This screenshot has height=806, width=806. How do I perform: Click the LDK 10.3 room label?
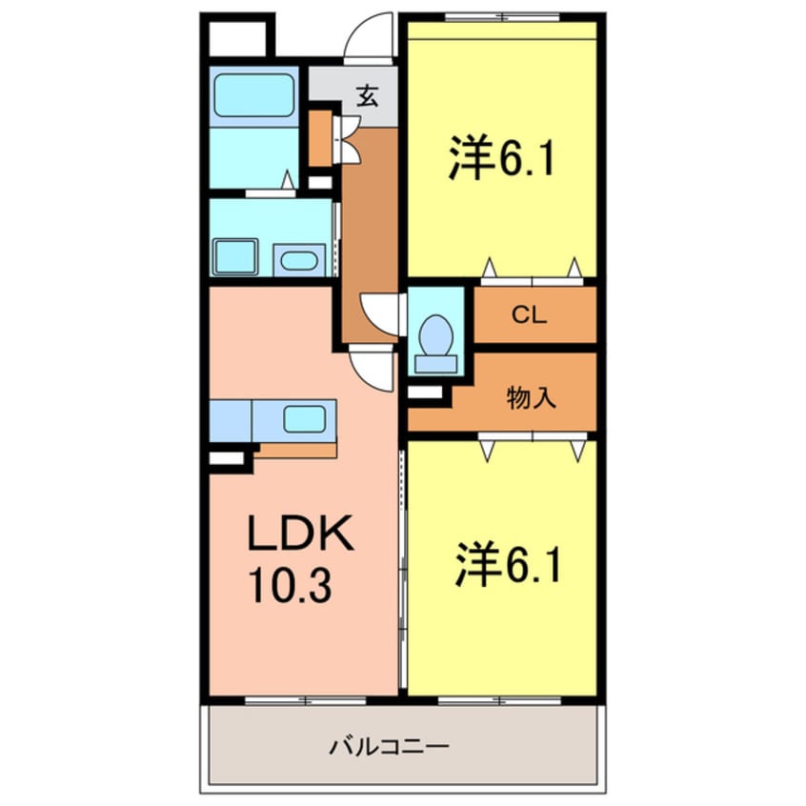pos(302,559)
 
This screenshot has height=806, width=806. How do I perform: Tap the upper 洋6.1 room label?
pos(501,158)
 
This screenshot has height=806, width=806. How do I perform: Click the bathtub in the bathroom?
pos(253,96)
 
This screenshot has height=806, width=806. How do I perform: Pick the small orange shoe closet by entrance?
pos(320,138)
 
